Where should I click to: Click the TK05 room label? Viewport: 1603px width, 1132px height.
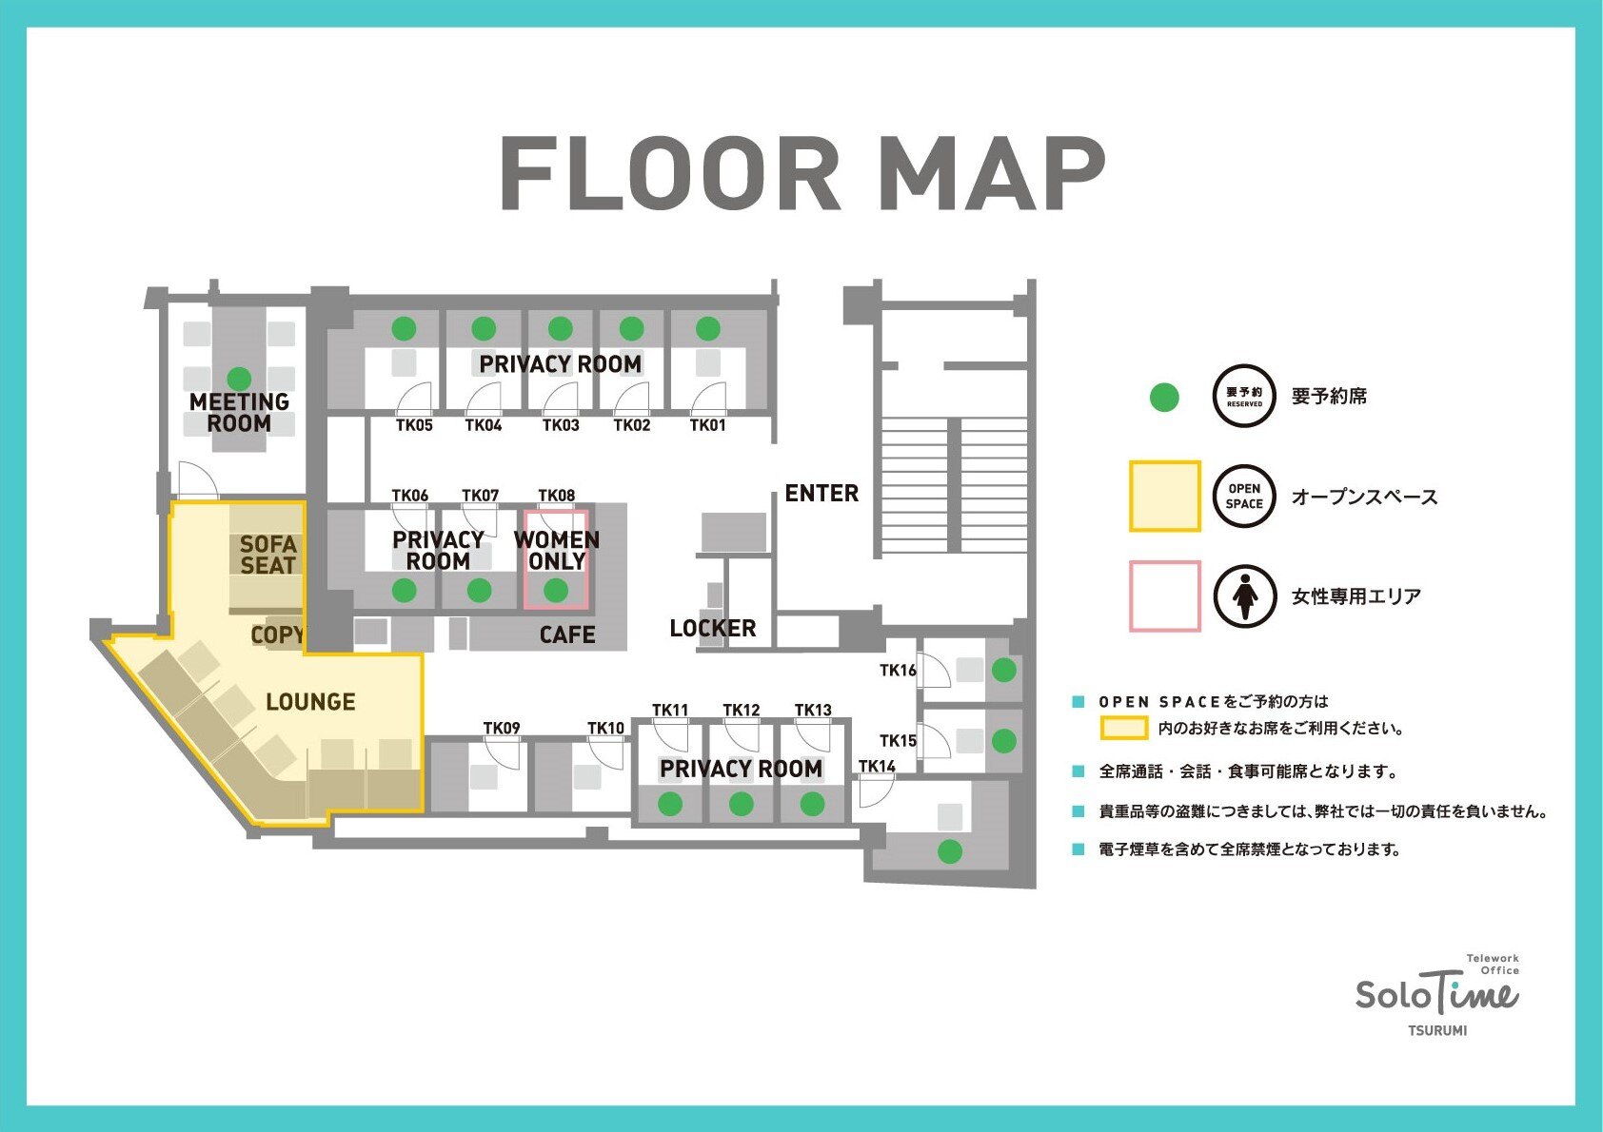(414, 425)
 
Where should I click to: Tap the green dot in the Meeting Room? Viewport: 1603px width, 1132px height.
(239, 379)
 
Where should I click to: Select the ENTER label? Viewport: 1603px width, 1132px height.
(821, 494)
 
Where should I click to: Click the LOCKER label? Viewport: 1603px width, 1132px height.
(713, 629)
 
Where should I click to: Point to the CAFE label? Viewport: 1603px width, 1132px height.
(567, 635)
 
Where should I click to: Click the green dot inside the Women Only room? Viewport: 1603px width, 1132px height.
(556, 591)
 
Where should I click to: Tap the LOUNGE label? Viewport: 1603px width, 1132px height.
(310, 702)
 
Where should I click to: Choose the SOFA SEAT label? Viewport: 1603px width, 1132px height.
(267, 555)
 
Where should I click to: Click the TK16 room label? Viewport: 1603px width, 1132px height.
(898, 670)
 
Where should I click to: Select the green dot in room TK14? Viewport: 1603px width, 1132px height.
(950, 851)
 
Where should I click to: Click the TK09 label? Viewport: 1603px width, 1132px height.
(502, 728)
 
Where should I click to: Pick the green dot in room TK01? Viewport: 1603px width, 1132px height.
(708, 329)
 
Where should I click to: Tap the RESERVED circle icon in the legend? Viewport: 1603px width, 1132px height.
(1244, 396)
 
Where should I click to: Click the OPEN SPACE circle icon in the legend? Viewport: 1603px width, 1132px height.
(1244, 497)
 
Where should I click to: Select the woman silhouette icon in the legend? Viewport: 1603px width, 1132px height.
(1244, 596)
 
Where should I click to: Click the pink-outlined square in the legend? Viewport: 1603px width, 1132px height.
(1165, 596)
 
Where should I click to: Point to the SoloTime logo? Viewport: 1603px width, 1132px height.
(1437, 996)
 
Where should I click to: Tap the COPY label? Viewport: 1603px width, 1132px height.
(278, 635)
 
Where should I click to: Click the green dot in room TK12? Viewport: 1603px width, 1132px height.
(741, 804)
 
